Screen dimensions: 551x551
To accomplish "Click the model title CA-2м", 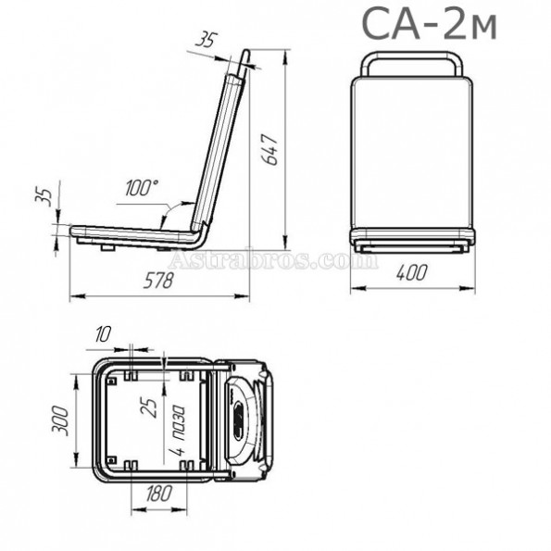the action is coord(429,23).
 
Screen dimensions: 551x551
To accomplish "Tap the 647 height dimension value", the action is coord(270,149).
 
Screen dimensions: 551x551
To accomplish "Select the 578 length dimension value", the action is coord(158,281).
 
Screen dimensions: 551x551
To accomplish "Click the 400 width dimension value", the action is coord(412,272).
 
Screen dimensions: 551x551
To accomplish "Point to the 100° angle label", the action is coord(142,187).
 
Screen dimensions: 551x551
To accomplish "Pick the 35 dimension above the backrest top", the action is coord(207,39).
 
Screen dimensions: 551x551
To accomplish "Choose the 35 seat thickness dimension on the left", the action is coord(44,197).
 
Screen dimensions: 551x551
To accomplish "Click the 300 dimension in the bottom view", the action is coord(60,420).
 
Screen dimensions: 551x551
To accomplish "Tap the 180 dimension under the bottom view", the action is coord(159,493).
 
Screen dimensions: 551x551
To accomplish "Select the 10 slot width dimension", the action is coord(103,333).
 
